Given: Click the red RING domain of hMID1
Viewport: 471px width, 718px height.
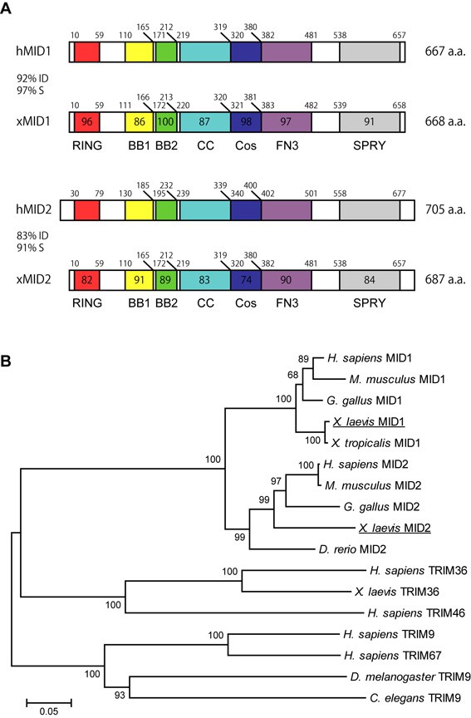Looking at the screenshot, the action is tap(87, 52).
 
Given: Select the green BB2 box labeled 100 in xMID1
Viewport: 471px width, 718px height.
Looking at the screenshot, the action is tap(165, 122).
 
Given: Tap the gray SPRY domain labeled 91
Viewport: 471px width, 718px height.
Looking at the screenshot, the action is tap(370, 122).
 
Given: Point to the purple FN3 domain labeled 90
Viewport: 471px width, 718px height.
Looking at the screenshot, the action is tap(286, 280).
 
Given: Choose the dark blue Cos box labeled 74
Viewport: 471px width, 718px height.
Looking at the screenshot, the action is tap(246, 280).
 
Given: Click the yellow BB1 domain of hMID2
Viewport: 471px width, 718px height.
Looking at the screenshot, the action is tap(140, 209).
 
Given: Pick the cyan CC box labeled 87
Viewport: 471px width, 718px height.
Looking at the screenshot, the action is tap(205, 122).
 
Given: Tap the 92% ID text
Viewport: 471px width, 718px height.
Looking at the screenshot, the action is tap(32, 78).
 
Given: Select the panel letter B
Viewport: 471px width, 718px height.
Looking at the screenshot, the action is tap(6, 361).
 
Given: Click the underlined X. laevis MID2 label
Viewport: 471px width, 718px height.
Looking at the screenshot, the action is tap(395, 528).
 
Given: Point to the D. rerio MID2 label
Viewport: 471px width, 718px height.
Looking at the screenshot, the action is tap(352, 549).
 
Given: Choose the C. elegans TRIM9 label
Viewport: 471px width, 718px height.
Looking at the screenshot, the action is tap(415, 698).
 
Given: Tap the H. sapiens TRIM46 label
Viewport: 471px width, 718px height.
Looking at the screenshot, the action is tap(416, 612).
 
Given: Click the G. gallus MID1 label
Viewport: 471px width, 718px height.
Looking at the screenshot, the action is tap(364, 401).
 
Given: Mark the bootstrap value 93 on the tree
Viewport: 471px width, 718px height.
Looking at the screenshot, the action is tap(120, 695).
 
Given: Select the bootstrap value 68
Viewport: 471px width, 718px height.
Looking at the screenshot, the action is tap(293, 375).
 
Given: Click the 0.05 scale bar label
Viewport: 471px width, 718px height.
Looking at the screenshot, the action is tap(49, 711).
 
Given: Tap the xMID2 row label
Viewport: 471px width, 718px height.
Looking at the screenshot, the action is tap(33, 279).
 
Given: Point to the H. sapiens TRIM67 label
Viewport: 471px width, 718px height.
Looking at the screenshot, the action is tap(393, 656).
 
